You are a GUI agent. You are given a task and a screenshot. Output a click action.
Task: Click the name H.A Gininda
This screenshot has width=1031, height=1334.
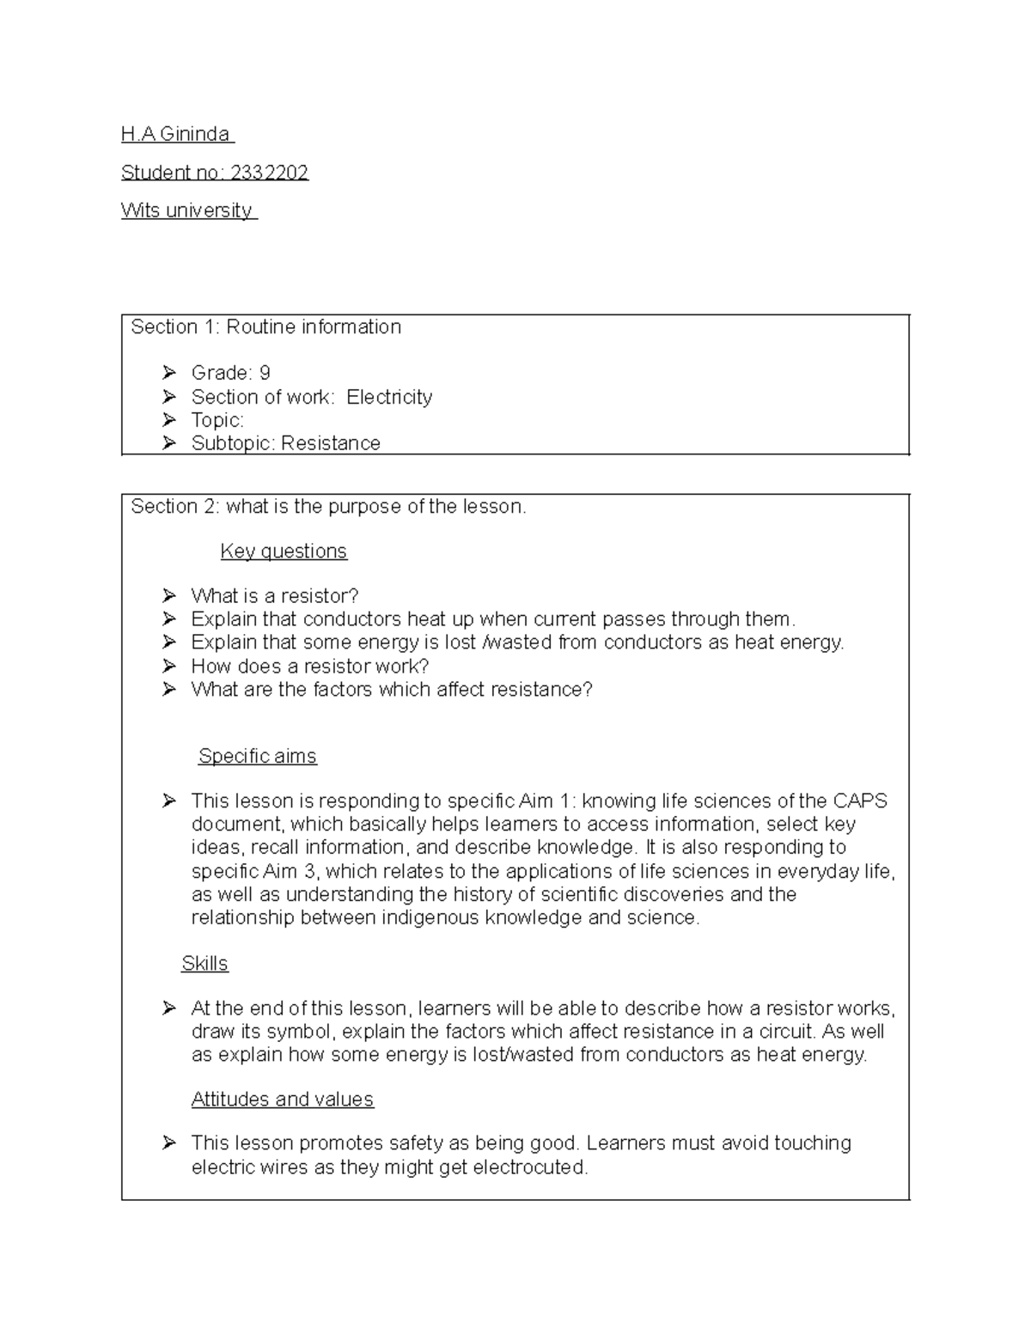(176, 134)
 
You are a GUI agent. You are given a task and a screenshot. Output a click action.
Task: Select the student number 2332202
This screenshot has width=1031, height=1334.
(267, 173)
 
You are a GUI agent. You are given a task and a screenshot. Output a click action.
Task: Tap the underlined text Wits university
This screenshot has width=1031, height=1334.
(187, 210)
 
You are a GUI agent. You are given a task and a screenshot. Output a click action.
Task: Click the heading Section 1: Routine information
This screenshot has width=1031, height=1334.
(265, 327)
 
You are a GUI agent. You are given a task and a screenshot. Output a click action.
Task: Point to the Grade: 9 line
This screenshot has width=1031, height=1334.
(230, 373)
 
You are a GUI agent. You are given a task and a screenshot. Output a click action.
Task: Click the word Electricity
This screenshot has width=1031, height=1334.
(389, 397)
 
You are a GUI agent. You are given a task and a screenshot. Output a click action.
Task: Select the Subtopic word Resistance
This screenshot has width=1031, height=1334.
(331, 443)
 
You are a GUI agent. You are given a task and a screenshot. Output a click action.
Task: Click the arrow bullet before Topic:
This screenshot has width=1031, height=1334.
(168, 420)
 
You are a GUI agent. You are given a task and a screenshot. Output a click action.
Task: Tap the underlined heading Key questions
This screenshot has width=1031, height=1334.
(284, 551)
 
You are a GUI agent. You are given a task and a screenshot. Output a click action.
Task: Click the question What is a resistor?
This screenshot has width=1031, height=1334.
(274, 596)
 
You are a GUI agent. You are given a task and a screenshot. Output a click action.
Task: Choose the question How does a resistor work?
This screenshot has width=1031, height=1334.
(309, 667)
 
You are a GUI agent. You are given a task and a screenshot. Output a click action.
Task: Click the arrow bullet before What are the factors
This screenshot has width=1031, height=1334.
(168, 690)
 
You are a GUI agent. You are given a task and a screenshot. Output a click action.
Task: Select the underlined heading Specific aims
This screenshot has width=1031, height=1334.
(257, 757)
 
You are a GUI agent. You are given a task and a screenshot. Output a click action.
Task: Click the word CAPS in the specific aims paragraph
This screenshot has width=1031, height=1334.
(860, 801)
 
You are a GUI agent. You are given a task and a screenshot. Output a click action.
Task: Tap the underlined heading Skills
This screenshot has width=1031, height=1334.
(204, 964)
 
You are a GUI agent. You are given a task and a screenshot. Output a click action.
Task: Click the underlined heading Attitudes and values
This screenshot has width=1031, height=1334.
(282, 1099)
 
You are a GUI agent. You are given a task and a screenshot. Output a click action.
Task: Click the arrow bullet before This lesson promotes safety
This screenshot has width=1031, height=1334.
(168, 1143)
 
